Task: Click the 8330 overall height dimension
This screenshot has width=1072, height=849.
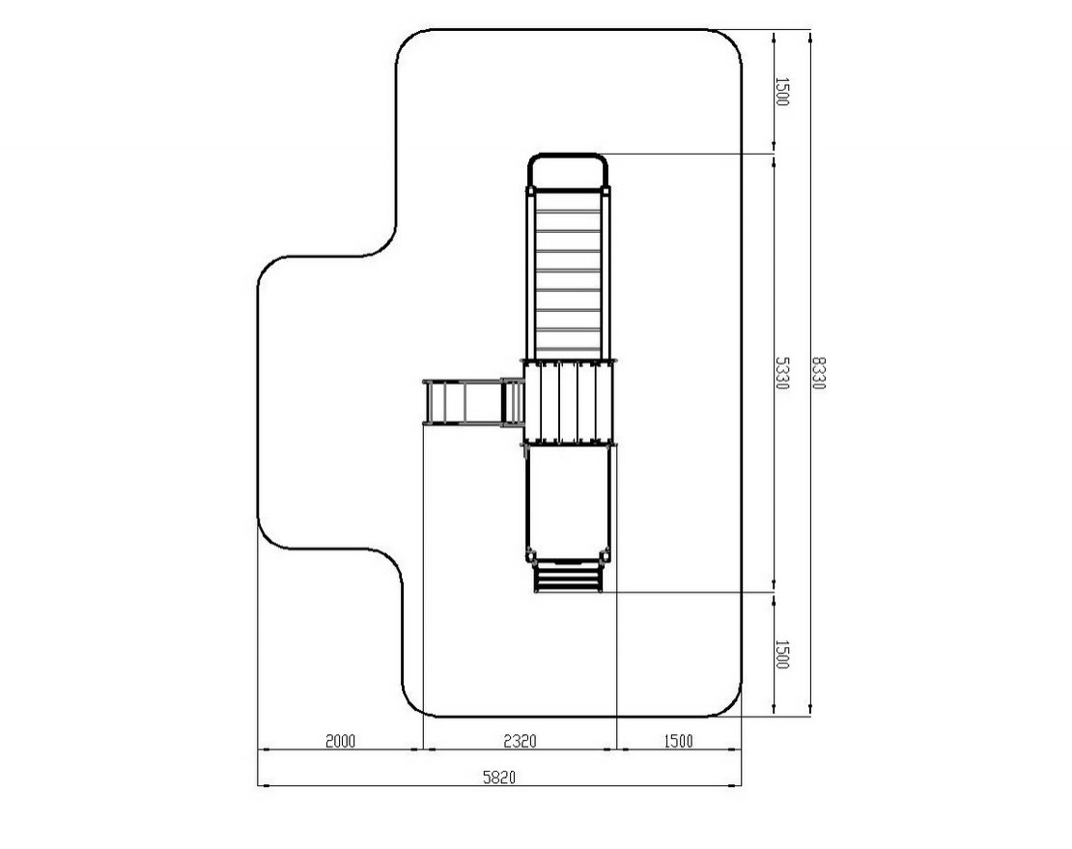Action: click(818, 373)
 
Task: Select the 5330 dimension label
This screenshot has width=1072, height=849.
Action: click(781, 373)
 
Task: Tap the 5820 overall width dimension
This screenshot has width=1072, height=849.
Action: click(499, 778)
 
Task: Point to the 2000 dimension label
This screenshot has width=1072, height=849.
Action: click(340, 740)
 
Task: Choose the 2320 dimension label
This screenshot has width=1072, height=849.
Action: click(520, 740)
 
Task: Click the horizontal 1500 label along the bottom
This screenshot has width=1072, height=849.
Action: click(678, 740)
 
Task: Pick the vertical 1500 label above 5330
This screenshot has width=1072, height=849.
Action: click(781, 92)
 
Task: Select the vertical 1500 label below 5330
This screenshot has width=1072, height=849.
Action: click(781, 654)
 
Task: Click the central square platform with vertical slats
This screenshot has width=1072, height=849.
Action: click(569, 403)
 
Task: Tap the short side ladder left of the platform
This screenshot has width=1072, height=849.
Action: click(473, 403)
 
